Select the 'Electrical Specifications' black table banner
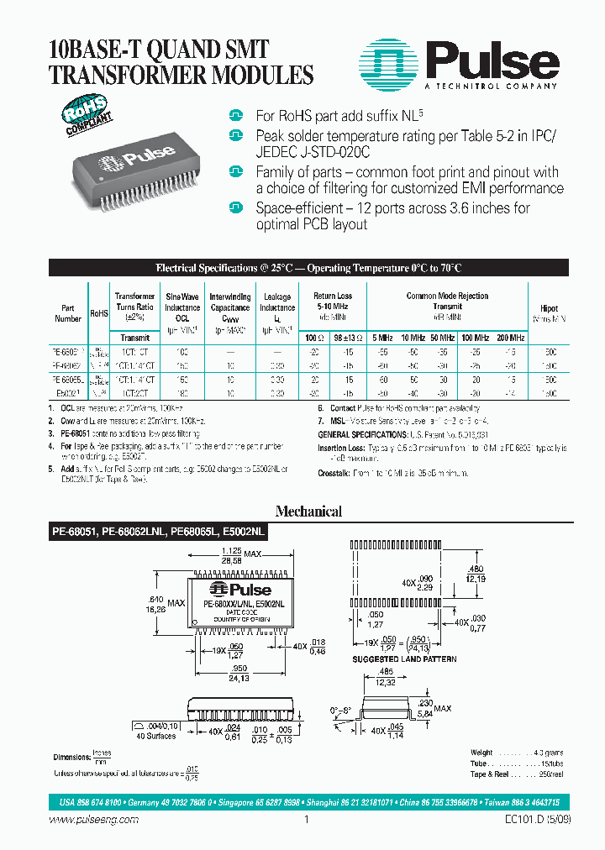pyautogui.click(x=308, y=269)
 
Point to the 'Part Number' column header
pyautogui.click(x=68, y=313)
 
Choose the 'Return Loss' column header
pyautogui.click(x=333, y=302)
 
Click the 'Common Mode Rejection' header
pyautogui.click(x=447, y=296)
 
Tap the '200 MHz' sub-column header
pyautogui.click(x=509, y=337)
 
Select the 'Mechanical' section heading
pyautogui.click(x=308, y=511)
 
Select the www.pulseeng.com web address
pyautogui.click(x=81, y=821)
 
